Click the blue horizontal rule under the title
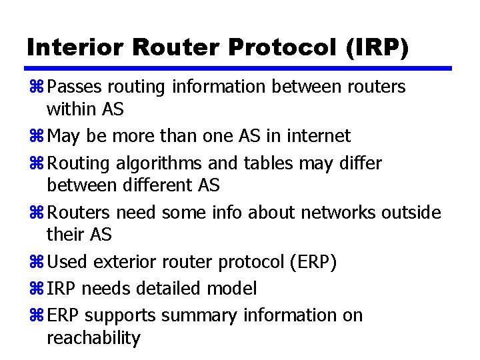[x=239, y=68]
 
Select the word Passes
[x=74, y=87]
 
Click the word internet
[x=318, y=136]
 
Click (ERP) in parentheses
[x=313, y=262]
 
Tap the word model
[x=233, y=289]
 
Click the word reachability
[x=93, y=338]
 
